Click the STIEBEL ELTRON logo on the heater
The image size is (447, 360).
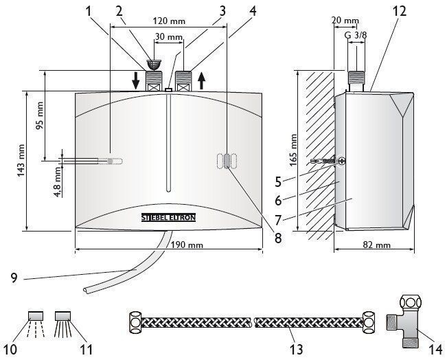pos(168,218)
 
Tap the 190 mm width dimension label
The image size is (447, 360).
pos(187,245)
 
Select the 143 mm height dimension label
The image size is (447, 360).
pos(21,161)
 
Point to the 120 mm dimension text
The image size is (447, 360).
pos(169,21)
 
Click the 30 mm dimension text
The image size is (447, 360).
pos(168,36)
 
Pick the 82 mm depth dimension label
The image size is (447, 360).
pos(376,245)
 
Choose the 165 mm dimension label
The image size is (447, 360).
pos(293,150)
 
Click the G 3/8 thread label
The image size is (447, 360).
pos(356,35)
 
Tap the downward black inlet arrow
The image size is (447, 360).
pos(136,80)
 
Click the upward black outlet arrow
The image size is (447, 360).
pos(202,80)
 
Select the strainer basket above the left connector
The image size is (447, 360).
pos(154,65)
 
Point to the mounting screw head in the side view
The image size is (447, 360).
pos(342,161)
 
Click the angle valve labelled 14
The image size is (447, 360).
pos(405,322)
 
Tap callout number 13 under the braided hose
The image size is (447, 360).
pos(296,348)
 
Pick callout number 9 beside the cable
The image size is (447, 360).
pos(14,278)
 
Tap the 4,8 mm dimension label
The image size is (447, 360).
pos(58,181)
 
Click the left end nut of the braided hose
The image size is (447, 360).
pos(135,323)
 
